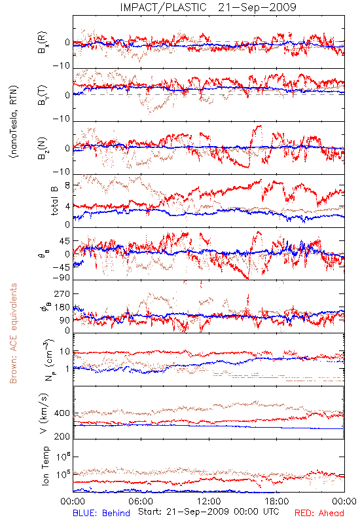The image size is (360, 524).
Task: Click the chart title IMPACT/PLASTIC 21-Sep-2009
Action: click(x=208, y=7)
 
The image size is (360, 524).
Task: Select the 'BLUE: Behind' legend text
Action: click(x=101, y=513)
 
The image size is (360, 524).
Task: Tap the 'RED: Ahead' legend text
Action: click(x=319, y=513)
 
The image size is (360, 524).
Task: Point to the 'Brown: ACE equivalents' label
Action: click(x=13, y=333)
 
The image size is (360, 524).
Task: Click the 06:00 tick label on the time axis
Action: click(x=141, y=501)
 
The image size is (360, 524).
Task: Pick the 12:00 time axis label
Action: click(x=209, y=501)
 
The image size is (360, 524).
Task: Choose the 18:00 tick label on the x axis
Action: click(x=277, y=501)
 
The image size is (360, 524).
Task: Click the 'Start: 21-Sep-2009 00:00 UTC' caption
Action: click(x=209, y=512)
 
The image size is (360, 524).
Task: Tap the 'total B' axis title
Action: click(x=54, y=201)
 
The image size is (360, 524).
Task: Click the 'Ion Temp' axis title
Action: click(x=45, y=466)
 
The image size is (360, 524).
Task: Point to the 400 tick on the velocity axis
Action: click(x=62, y=413)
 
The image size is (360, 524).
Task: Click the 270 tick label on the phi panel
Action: click(x=62, y=293)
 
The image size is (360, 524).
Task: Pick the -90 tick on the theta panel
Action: click(x=62, y=278)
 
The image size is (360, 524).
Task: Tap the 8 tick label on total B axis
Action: click(x=67, y=185)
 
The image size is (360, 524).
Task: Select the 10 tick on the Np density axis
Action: click(x=65, y=352)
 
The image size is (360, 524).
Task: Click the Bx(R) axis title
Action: click(x=43, y=43)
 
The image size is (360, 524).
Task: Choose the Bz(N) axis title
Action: click(x=43, y=148)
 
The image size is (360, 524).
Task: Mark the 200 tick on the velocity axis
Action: click(x=62, y=436)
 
